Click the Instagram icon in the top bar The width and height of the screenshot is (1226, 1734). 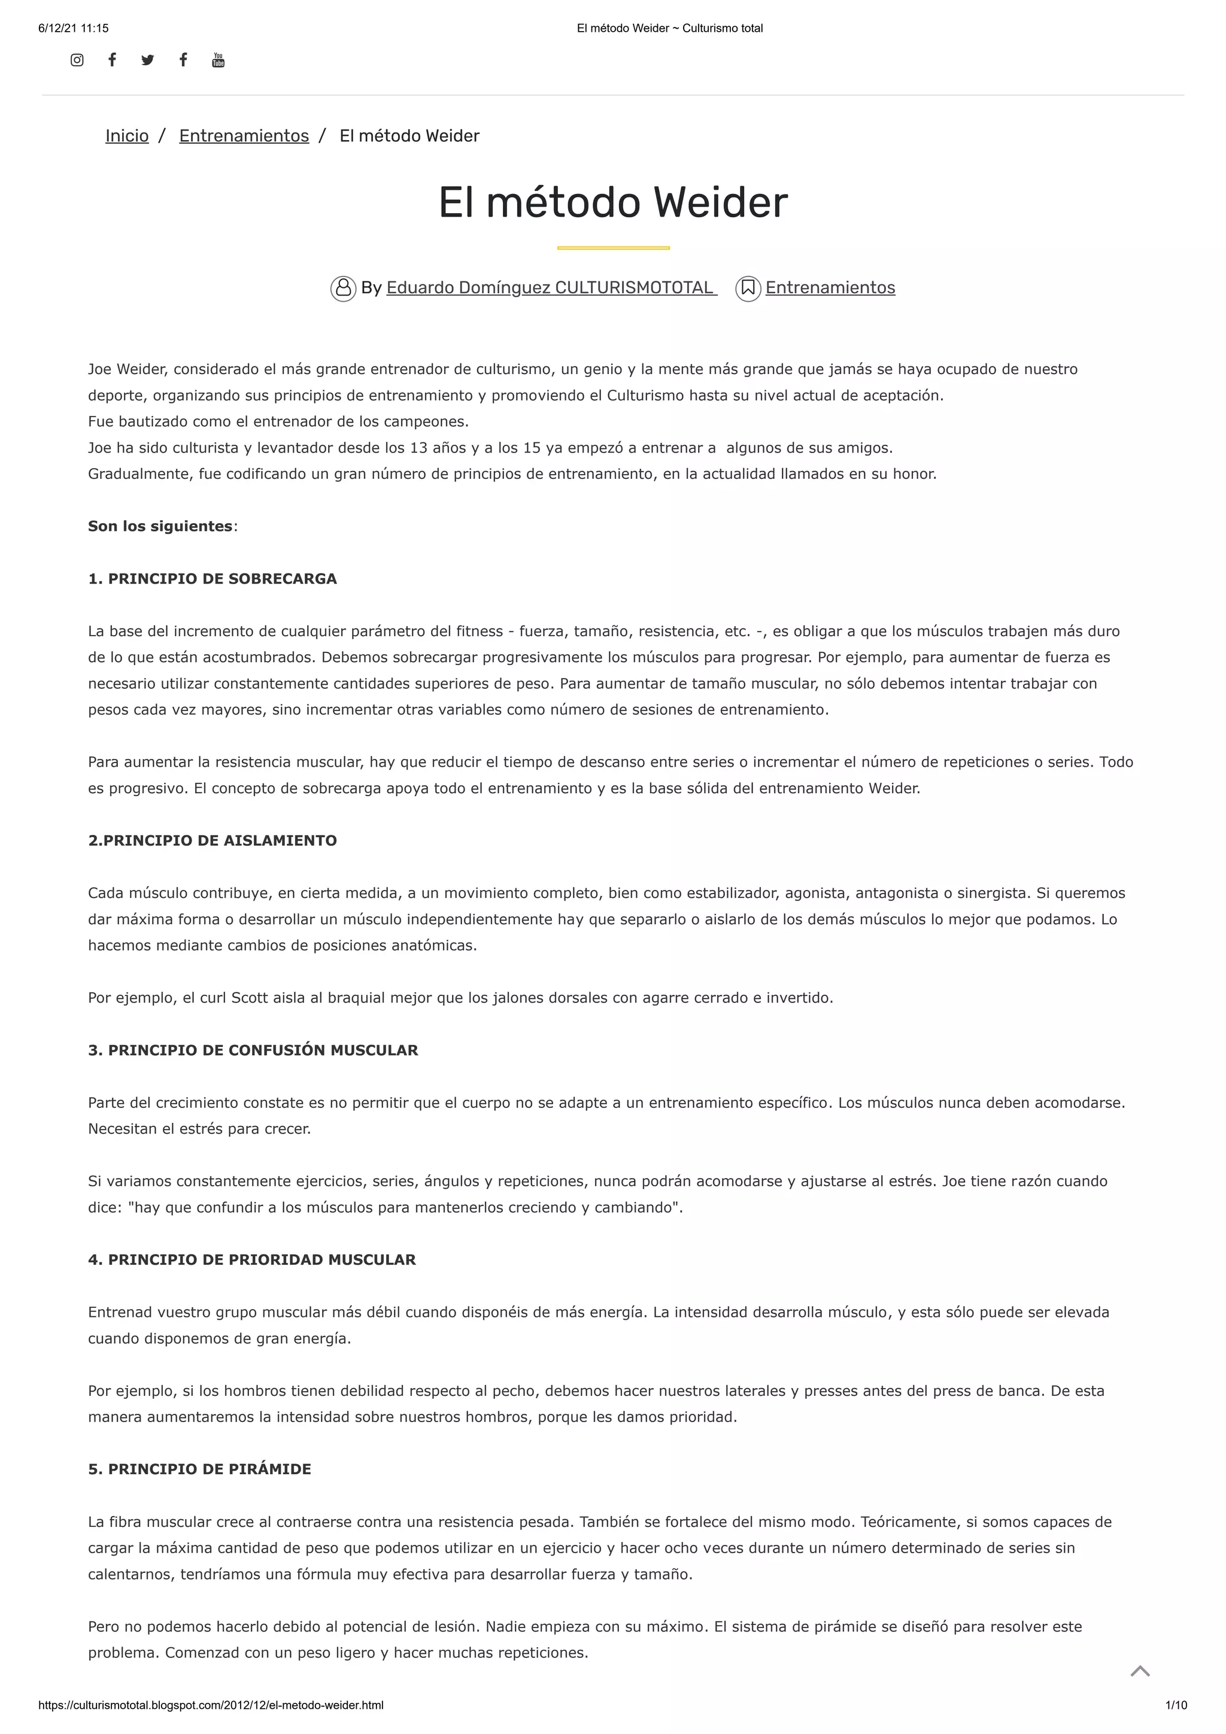coord(77,60)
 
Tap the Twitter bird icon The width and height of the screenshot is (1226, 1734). coord(147,60)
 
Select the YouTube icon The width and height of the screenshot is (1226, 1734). coord(219,60)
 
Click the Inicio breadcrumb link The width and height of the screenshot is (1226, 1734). coord(127,136)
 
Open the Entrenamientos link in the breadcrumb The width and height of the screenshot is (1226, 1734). coord(244,136)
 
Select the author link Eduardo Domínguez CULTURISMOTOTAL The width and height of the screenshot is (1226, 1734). coord(551,288)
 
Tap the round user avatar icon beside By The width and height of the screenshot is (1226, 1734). coord(343,289)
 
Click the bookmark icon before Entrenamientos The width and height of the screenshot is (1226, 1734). coord(748,289)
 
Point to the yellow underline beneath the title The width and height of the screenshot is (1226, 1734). coord(612,248)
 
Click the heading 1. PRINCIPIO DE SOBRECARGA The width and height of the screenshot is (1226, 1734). coord(213,579)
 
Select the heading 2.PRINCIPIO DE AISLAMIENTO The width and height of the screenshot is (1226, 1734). coord(213,840)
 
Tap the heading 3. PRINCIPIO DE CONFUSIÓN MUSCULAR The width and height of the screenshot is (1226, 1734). coord(253,1050)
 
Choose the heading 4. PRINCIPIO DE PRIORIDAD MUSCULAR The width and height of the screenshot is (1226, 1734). coord(251,1260)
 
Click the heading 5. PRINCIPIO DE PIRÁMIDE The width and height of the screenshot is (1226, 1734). coord(199,1469)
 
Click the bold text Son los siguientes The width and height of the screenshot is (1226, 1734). coord(160,526)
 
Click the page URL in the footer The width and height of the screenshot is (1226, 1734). coord(211,1705)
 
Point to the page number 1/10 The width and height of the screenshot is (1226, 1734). coord(1176,1705)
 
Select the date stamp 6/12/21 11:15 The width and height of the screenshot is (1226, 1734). coord(73,29)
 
